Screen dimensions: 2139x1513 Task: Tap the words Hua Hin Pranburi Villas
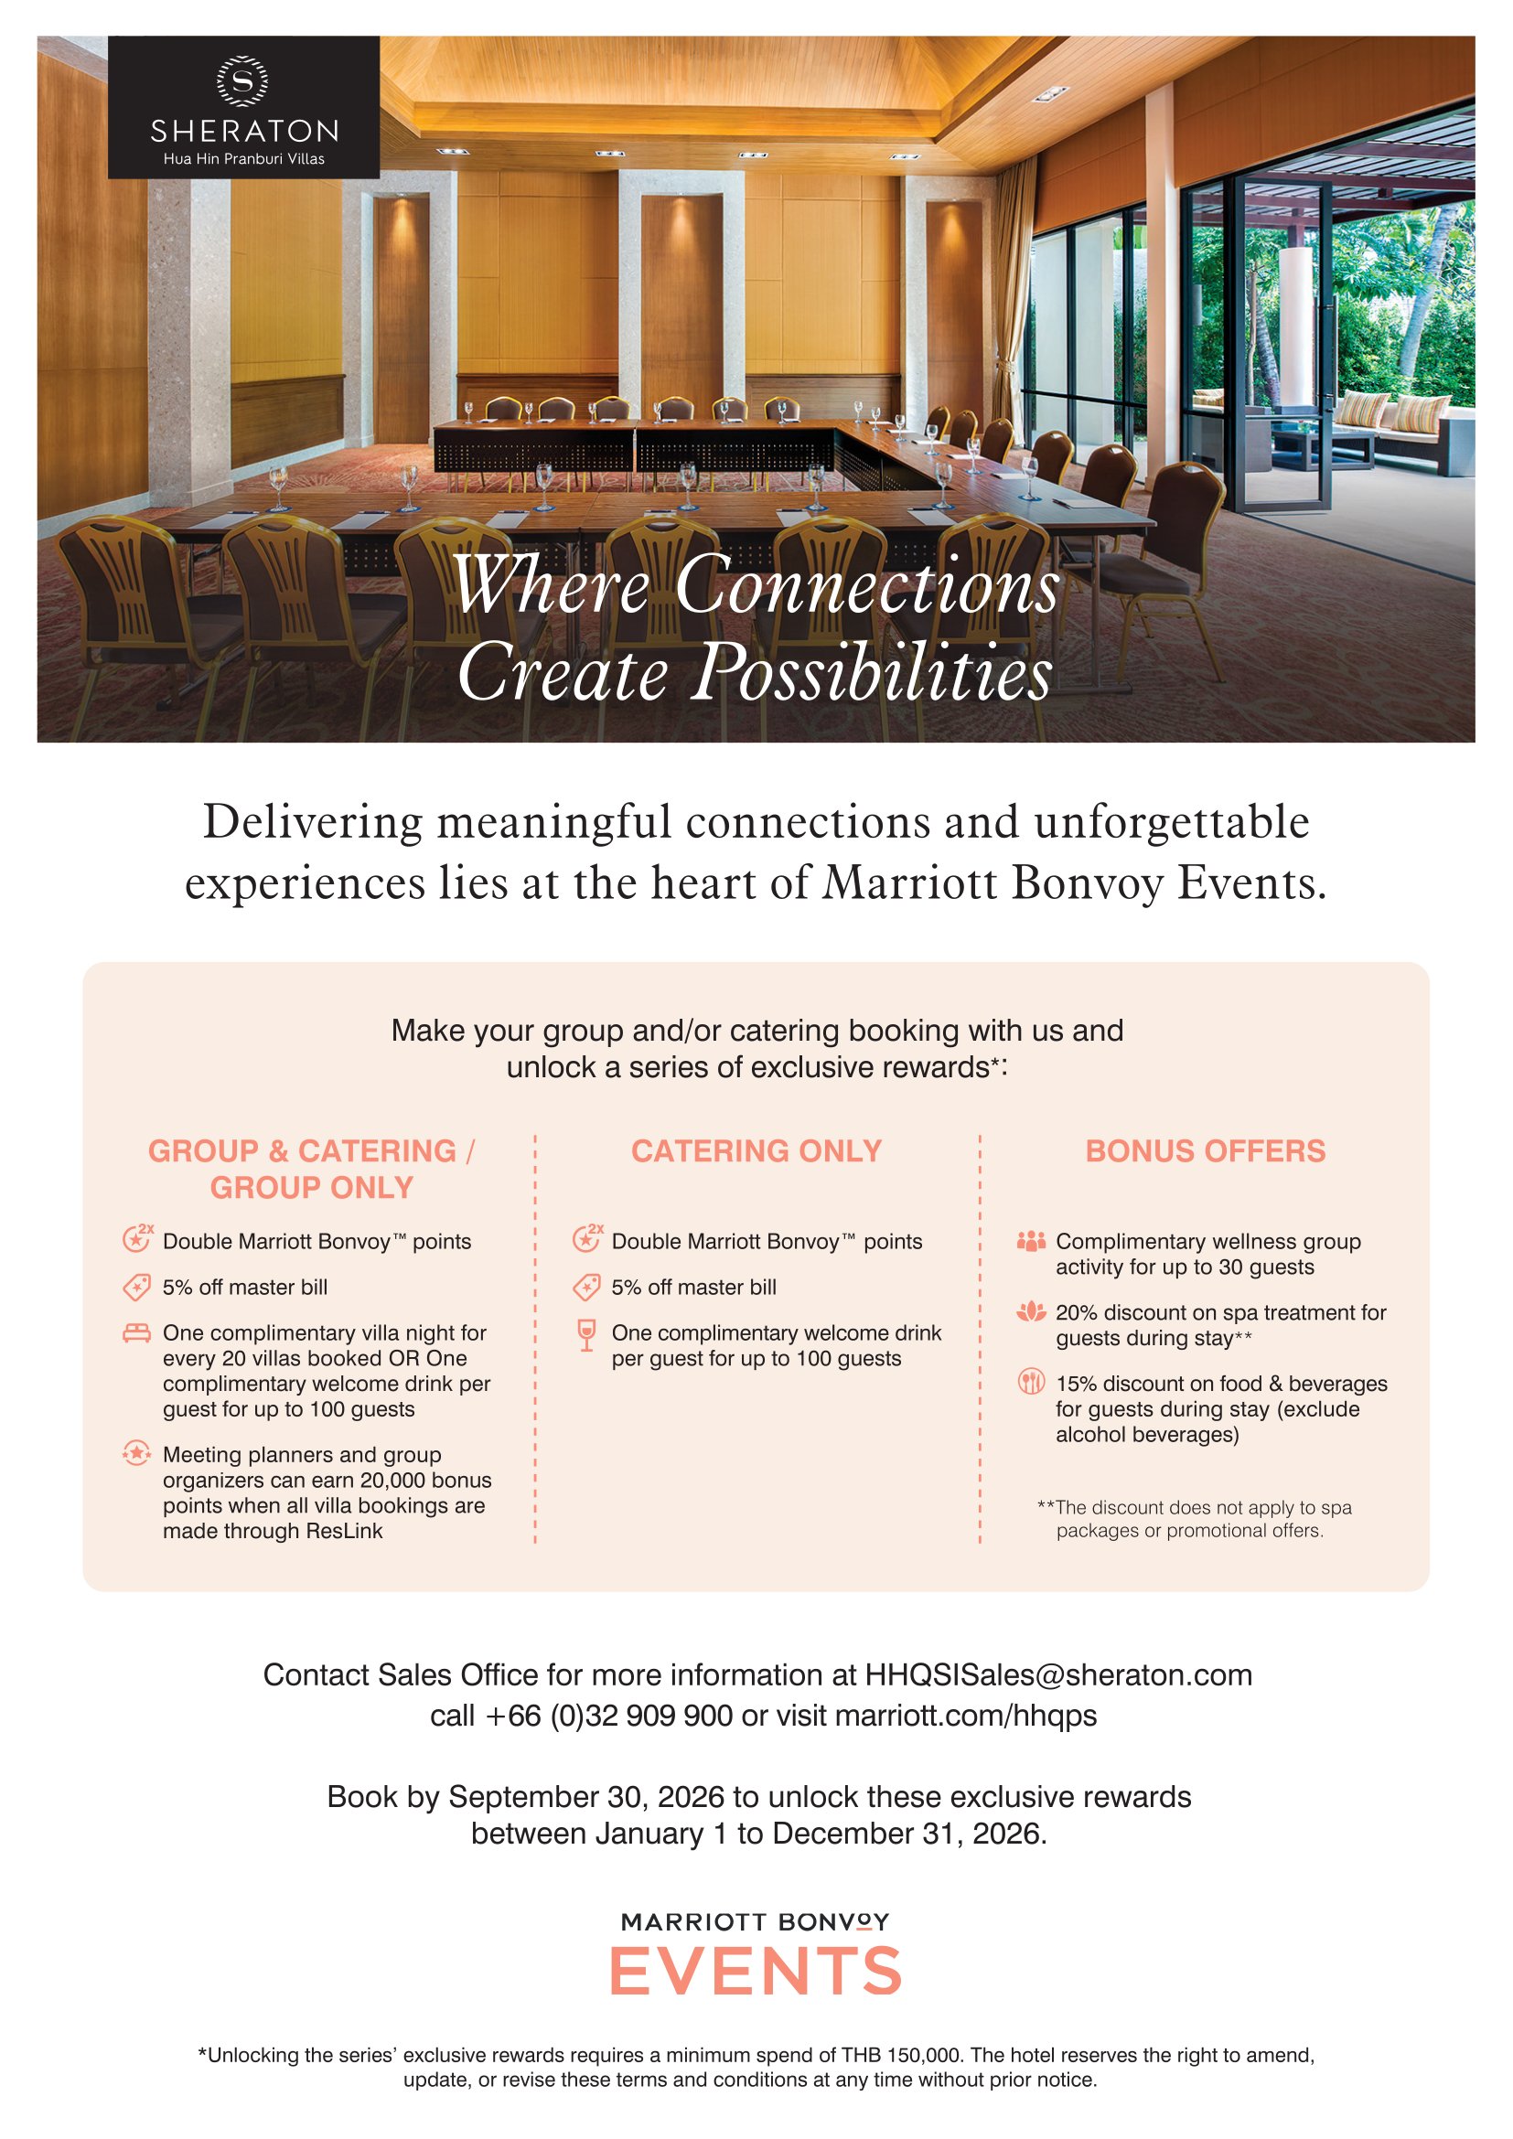[x=244, y=159]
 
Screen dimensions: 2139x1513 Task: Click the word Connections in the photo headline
[x=867, y=586]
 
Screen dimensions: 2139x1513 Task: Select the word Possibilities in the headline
[x=874, y=673]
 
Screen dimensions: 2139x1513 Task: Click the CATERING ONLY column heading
[x=756, y=1151]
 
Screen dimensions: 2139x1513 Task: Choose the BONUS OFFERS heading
[x=1205, y=1151]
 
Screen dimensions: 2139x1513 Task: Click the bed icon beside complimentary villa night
[x=137, y=1333]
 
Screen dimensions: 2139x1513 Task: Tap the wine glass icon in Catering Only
[x=586, y=1335]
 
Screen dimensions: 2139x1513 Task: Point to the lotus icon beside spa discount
[x=1030, y=1312]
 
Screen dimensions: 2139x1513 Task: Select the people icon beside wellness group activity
[x=1030, y=1241]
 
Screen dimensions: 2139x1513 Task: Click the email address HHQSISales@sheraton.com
[x=1058, y=1675]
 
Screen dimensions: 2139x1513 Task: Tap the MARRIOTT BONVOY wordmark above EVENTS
[x=756, y=1922]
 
